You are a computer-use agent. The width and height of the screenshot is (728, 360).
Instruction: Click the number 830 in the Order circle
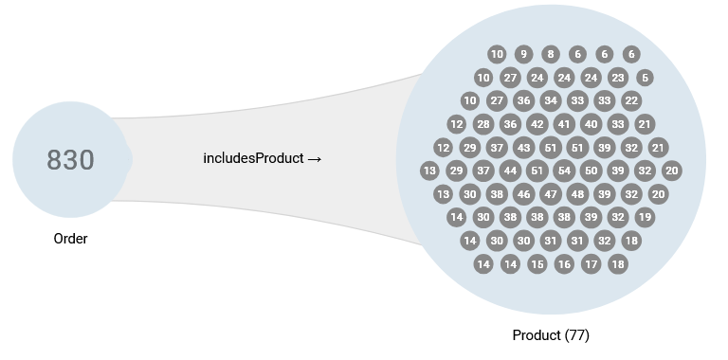point(71,160)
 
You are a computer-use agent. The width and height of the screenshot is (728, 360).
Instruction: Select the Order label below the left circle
point(71,239)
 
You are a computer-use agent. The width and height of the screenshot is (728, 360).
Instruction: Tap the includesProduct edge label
point(263,158)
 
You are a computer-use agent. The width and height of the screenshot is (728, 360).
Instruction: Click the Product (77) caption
point(551,335)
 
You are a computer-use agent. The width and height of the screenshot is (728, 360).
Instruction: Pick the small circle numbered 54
point(565,171)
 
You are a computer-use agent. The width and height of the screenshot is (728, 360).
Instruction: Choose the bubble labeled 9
point(524,54)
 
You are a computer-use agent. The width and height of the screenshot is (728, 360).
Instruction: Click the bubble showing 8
point(551,54)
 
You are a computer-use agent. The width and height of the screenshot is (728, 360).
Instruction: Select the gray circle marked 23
point(618,78)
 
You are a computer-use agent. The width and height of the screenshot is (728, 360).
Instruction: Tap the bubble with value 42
point(537,124)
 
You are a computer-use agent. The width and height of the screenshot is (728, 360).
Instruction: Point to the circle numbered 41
point(564,124)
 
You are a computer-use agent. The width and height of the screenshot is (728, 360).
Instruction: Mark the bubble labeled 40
point(591,124)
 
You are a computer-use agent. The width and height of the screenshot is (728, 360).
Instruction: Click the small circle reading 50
point(591,171)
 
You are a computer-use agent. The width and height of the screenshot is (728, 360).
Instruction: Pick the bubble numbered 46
point(524,194)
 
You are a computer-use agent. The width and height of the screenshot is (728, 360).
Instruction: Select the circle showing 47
point(551,194)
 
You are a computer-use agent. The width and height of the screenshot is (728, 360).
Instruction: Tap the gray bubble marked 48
point(577,194)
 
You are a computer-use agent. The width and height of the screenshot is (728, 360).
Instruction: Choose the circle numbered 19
point(645,217)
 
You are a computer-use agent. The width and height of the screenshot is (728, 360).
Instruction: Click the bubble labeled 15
point(537,264)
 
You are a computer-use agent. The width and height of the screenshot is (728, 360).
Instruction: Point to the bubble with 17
point(591,264)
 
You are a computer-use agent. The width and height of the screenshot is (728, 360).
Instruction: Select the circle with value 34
point(551,100)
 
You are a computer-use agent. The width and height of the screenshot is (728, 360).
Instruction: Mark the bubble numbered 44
point(511,171)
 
